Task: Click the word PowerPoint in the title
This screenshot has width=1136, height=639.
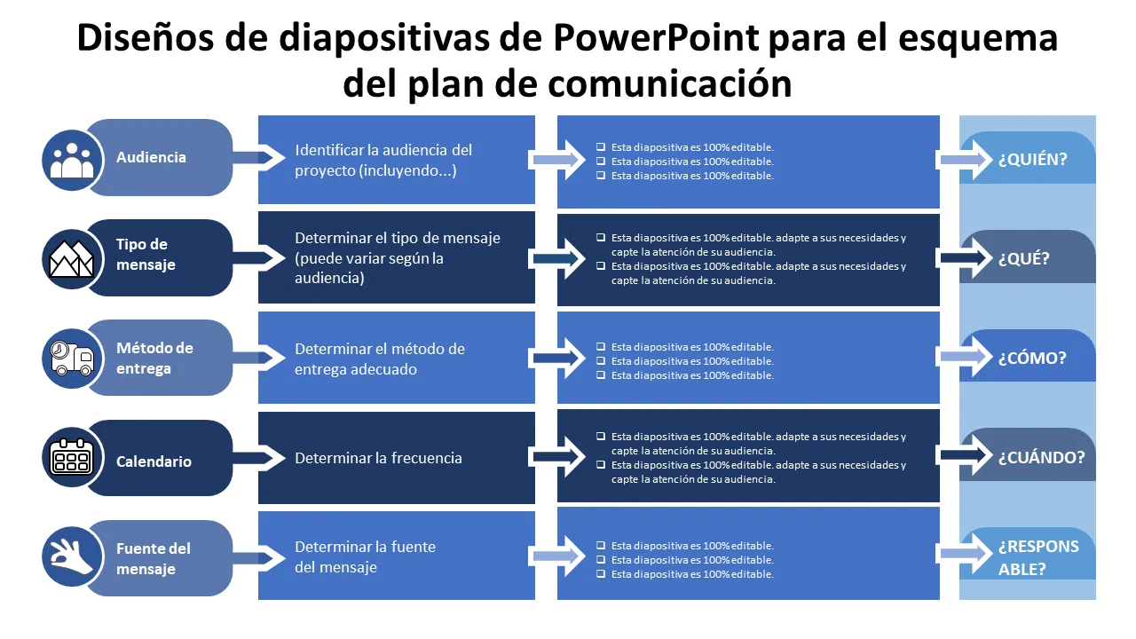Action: click(656, 39)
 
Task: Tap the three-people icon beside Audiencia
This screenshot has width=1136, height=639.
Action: click(72, 158)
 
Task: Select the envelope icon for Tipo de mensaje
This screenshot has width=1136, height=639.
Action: click(72, 258)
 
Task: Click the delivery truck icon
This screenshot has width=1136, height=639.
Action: click(72, 359)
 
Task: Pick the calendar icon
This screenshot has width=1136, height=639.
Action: click(72, 459)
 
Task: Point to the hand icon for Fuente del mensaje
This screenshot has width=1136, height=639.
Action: click(72, 558)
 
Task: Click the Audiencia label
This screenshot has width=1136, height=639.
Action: click(151, 157)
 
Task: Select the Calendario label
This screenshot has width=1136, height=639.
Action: click(154, 461)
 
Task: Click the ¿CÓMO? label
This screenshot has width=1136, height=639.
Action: click(1032, 359)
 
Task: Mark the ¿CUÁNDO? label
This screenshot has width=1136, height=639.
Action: click(1041, 458)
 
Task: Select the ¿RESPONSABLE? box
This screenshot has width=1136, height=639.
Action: click(1038, 557)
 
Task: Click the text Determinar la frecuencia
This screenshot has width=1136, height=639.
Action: click(378, 458)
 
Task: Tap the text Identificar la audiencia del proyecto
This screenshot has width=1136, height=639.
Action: click(383, 160)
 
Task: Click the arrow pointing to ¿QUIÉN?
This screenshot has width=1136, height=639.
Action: click(964, 160)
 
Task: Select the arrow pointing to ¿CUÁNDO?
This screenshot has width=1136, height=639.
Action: click(964, 455)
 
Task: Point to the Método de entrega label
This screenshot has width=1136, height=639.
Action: click(154, 358)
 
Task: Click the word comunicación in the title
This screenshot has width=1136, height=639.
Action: click(670, 83)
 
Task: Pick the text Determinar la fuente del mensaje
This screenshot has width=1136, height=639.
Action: click(365, 556)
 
